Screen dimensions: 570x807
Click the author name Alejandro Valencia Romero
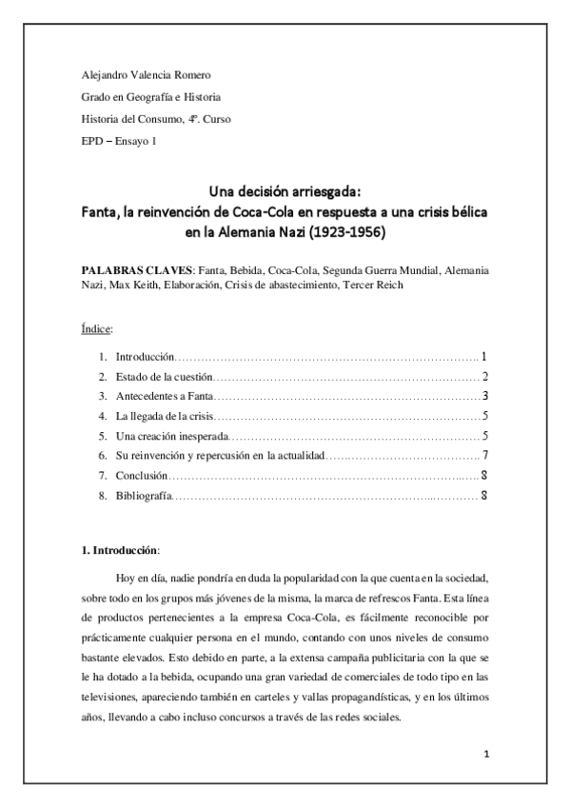(x=146, y=75)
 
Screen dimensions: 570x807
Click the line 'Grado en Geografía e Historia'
(x=150, y=97)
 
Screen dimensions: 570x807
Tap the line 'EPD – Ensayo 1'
(x=119, y=141)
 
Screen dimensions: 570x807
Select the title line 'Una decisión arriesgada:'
(x=285, y=188)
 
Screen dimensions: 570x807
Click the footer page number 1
(x=485, y=756)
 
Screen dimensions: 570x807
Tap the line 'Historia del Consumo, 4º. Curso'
(x=155, y=119)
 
